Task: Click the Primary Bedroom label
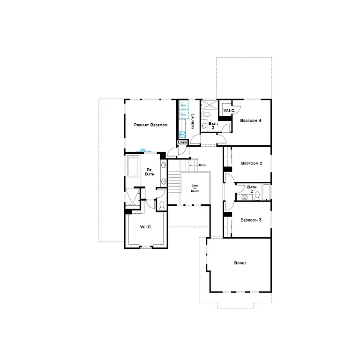pos(150,125)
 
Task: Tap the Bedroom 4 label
pos(250,120)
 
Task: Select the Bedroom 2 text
pos(251,163)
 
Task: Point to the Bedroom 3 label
pos(251,220)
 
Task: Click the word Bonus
pos(240,263)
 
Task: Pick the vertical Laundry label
pos(193,121)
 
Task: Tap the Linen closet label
pos(183,142)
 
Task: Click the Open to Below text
pos(194,188)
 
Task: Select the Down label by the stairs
pos(202,165)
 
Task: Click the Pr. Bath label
pos(150,172)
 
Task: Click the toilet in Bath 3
pos(207,114)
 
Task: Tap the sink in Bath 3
pos(204,125)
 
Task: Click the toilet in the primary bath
pos(161,205)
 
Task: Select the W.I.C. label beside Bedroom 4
pos(229,110)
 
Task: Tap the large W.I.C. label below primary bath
pos(146,227)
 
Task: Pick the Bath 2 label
pos(252,189)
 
